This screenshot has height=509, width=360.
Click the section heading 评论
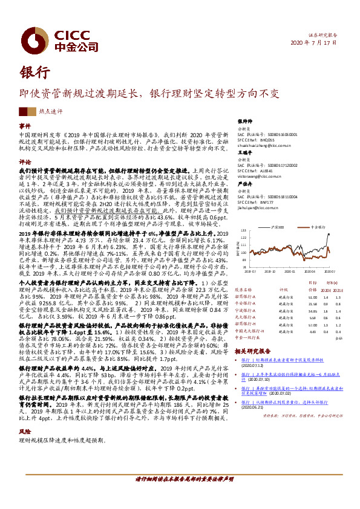pos(25,162)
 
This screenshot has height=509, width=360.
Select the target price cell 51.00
pos(312,297)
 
